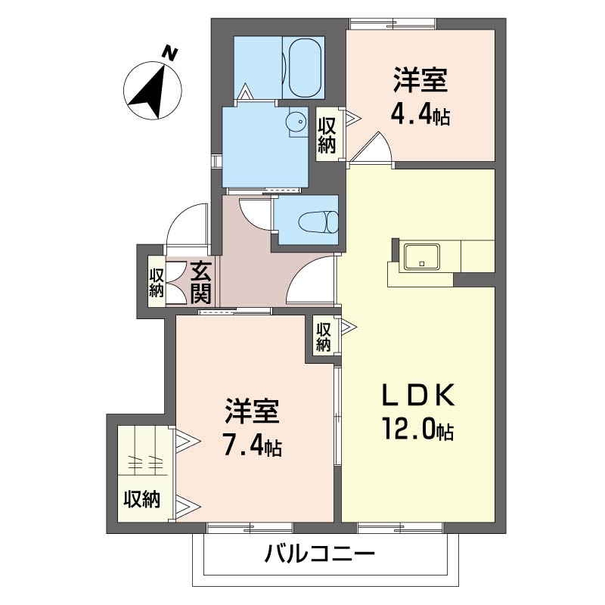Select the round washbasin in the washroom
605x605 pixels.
coord(296,119)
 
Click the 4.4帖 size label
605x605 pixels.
coord(420,114)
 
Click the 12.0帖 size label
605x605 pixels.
coord(417,430)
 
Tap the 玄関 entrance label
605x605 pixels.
coord(200,279)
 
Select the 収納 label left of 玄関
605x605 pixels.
coord(157,282)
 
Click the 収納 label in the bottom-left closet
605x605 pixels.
coord(141,500)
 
